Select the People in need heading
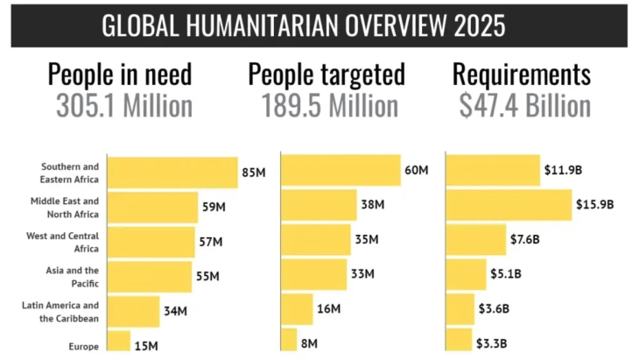[x=119, y=74]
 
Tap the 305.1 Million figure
[x=124, y=106]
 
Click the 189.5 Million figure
[x=330, y=106]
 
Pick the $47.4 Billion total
[x=524, y=106]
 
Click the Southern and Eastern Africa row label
[x=70, y=173]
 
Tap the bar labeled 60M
[x=340, y=170]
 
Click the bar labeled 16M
[x=297, y=308]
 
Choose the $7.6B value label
[x=525, y=239]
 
